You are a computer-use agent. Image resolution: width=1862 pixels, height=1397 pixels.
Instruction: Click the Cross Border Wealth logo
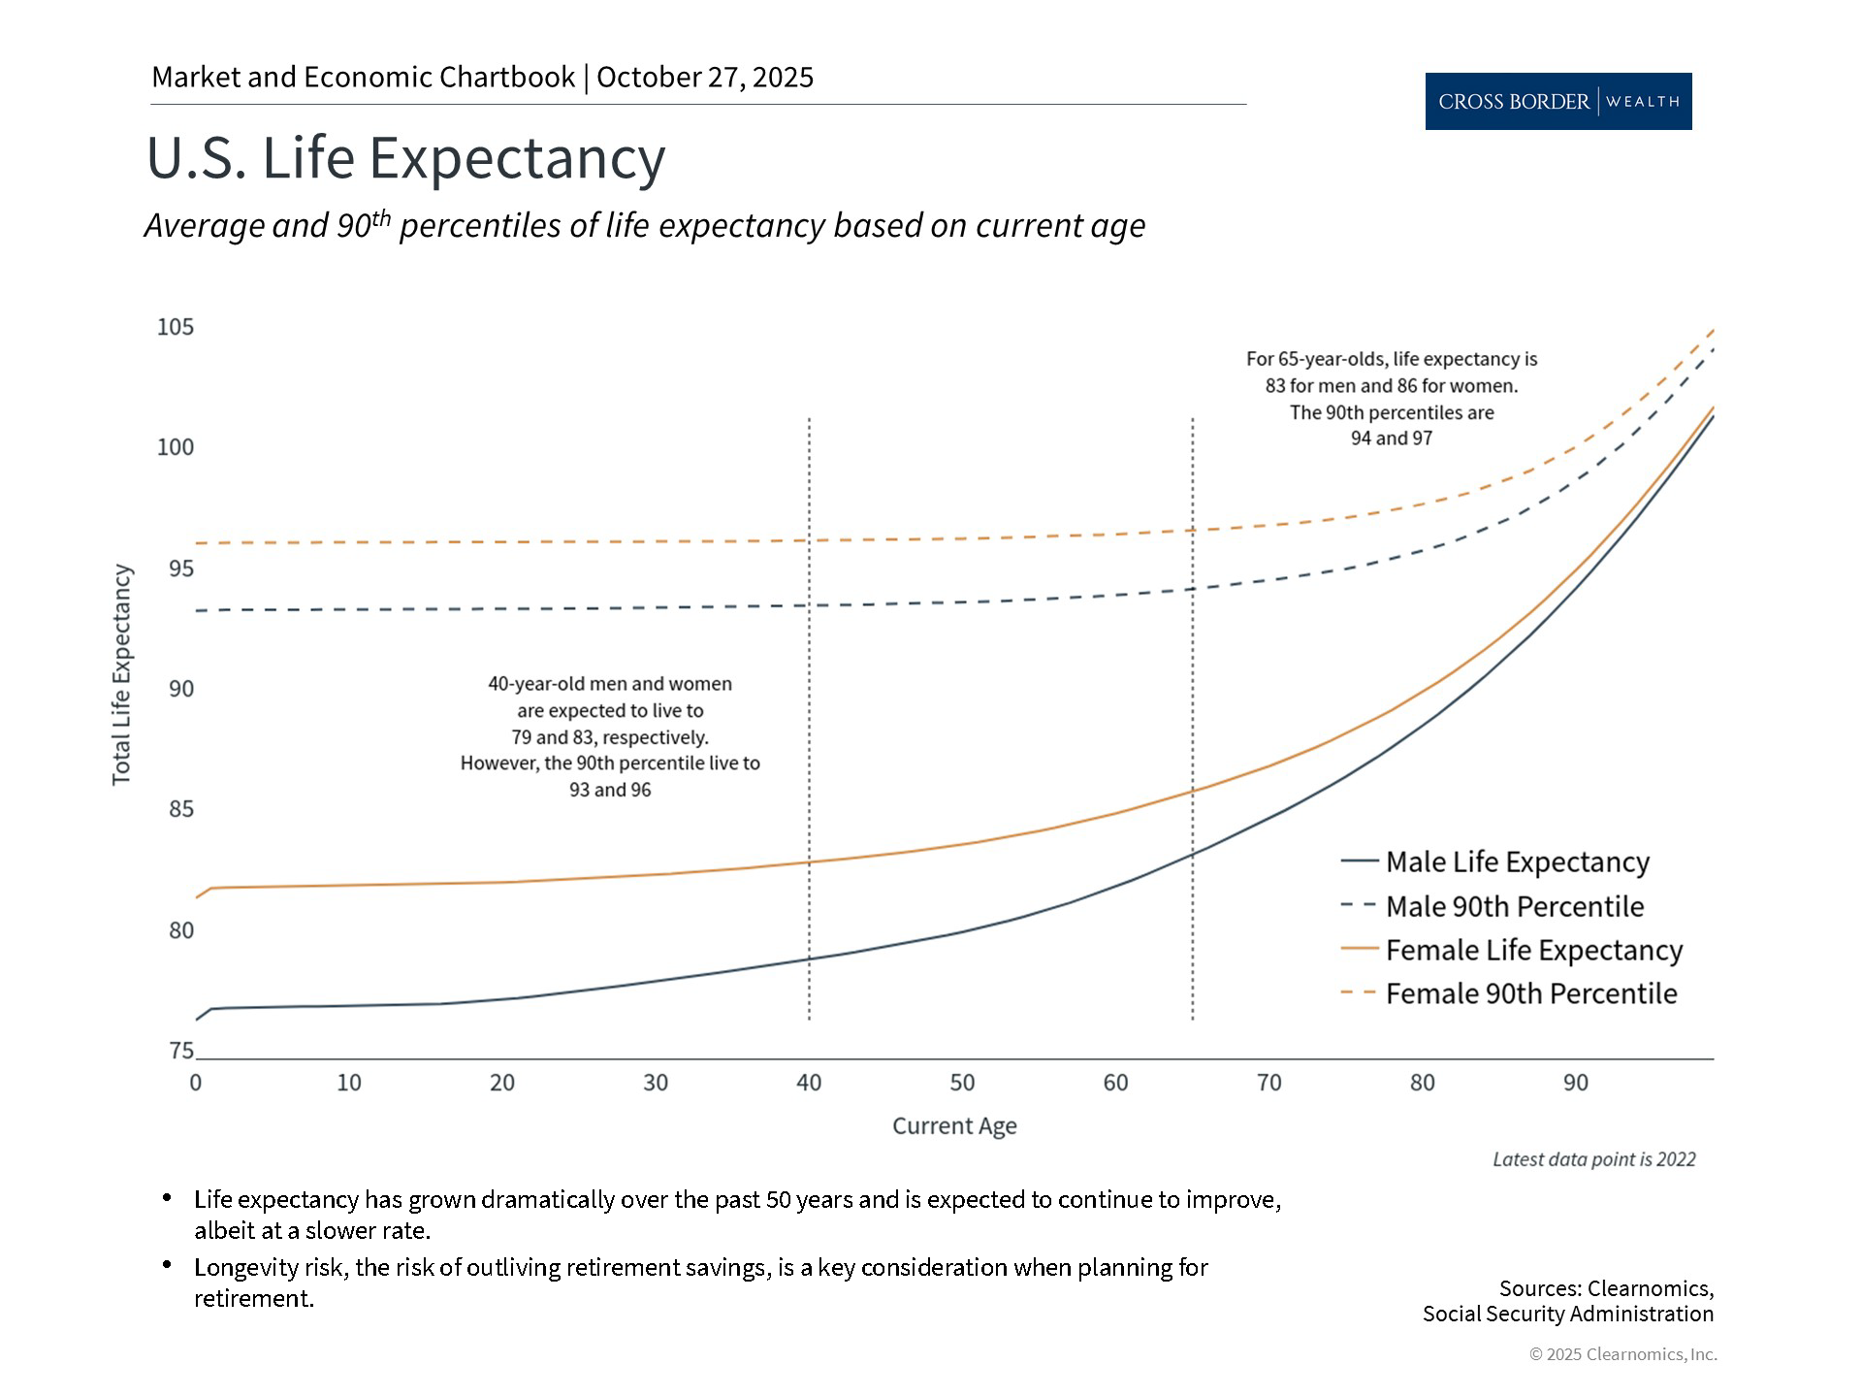click(x=1557, y=101)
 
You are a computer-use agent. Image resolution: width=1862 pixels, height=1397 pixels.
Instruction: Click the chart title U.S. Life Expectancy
click(x=405, y=157)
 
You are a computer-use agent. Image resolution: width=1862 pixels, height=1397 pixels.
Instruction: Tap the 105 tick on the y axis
click(x=176, y=327)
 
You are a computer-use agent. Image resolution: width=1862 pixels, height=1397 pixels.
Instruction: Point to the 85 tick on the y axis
click(x=181, y=809)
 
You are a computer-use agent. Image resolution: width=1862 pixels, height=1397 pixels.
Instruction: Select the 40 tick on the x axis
click(x=809, y=1083)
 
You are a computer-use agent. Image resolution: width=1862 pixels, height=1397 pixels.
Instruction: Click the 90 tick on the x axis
click(x=1576, y=1083)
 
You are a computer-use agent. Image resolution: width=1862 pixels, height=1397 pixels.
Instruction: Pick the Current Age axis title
click(x=954, y=1126)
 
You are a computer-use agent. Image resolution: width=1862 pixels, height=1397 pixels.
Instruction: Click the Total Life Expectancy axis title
click(x=121, y=675)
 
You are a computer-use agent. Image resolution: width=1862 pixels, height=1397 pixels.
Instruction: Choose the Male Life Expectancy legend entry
click(x=1517, y=861)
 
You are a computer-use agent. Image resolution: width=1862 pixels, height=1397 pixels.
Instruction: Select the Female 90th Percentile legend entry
click(x=1530, y=993)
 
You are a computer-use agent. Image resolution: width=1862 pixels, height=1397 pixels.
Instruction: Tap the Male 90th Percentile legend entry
click(x=1514, y=906)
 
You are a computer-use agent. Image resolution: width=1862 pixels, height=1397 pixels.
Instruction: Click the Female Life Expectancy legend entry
click(x=1533, y=950)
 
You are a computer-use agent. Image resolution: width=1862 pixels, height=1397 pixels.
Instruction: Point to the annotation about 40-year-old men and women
click(x=610, y=736)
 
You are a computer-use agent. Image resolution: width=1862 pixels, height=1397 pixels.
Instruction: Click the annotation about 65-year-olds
click(x=1392, y=399)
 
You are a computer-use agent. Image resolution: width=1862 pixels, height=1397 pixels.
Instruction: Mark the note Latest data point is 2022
click(x=1593, y=1159)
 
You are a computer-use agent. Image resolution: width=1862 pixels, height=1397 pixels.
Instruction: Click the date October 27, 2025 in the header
click(x=705, y=78)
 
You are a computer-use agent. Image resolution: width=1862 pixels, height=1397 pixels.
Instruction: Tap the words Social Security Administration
click(x=1567, y=1314)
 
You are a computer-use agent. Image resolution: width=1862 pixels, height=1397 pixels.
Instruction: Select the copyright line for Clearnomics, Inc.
click(x=1622, y=1354)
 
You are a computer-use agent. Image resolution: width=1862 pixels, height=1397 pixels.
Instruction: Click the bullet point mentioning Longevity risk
click(x=700, y=1283)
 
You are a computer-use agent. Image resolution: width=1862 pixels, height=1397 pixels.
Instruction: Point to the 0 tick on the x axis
click(x=196, y=1083)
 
